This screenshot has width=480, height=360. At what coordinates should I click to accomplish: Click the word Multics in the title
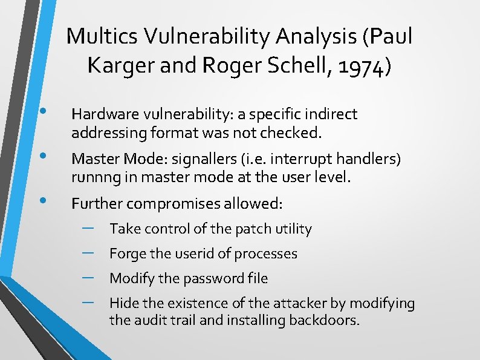click(97, 36)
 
